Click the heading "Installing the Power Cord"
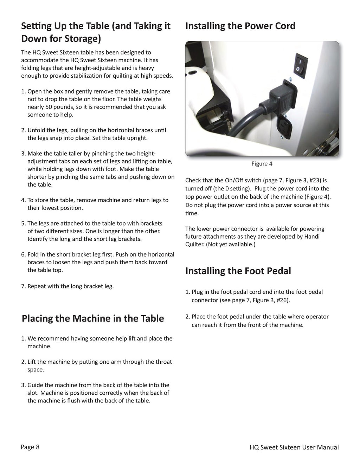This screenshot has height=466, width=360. click(240, 26)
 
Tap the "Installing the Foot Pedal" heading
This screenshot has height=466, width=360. click(238, 271)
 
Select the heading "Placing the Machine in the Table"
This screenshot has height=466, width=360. click(93, 319)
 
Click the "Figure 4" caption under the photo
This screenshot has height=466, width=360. click(262, 164)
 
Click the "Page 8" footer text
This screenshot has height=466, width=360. click(30, 447)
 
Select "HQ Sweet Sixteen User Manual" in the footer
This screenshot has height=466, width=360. click(294, 447)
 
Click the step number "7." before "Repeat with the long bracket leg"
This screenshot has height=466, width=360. click(24, 286)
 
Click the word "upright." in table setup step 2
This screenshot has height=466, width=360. click(136, 138)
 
